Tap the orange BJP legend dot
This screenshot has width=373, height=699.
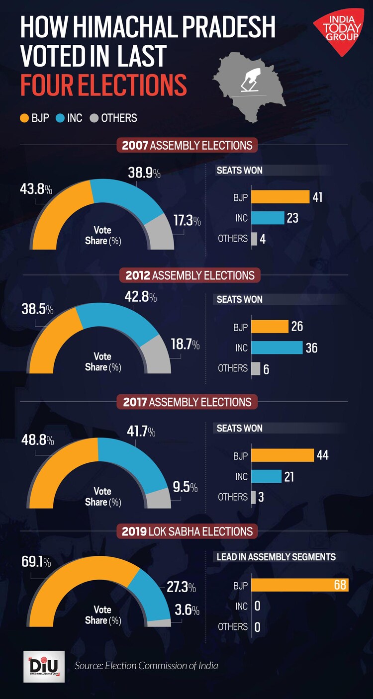tap(24, 118)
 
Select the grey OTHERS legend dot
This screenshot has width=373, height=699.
tap(94, 118)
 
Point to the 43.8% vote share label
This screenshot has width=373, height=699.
tap(36, 190)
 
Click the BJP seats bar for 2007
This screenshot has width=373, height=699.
tap(280, 197)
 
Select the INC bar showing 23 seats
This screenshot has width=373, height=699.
tap(268, 218)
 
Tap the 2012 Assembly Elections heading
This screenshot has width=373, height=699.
tap(189, 275)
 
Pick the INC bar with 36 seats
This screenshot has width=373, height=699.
tap(277, 347)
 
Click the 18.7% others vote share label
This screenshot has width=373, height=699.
tap(185, 345)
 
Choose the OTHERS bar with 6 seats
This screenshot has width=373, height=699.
tap(256, 368)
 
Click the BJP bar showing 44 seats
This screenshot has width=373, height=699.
tap(282, 455)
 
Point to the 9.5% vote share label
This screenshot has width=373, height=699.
tap(185, 487)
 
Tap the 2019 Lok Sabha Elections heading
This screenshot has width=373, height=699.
tap(187, 531)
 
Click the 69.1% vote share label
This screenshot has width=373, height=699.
tap(36, 562)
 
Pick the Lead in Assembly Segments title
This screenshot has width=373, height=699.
tap(276, 557)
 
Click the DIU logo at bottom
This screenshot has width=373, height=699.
tap(44, 666)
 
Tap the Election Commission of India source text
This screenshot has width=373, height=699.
tap(146, 665)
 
